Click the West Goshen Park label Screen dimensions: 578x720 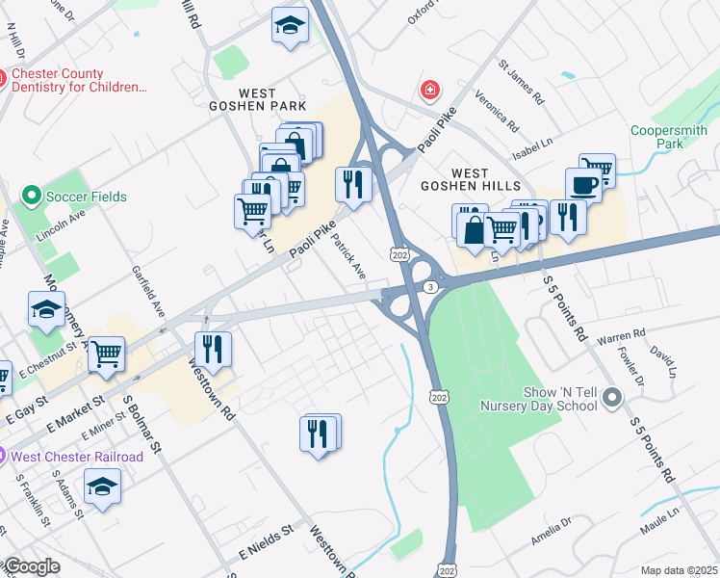[x=259, y=99]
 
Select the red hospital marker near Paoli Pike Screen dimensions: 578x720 [x=429, y=91]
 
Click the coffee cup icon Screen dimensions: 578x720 [x=583, y=183]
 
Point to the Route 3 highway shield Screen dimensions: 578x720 [x=430, y=287]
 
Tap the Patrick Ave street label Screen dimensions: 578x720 [x=349, y=256]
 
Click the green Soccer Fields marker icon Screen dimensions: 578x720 [x=32, y=197]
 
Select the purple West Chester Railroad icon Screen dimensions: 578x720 [x=4, y=456]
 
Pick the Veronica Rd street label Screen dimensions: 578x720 [x=497, y=113]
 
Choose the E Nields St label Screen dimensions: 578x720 [x=266, y=543]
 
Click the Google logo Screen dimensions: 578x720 [x=32, y=566]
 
